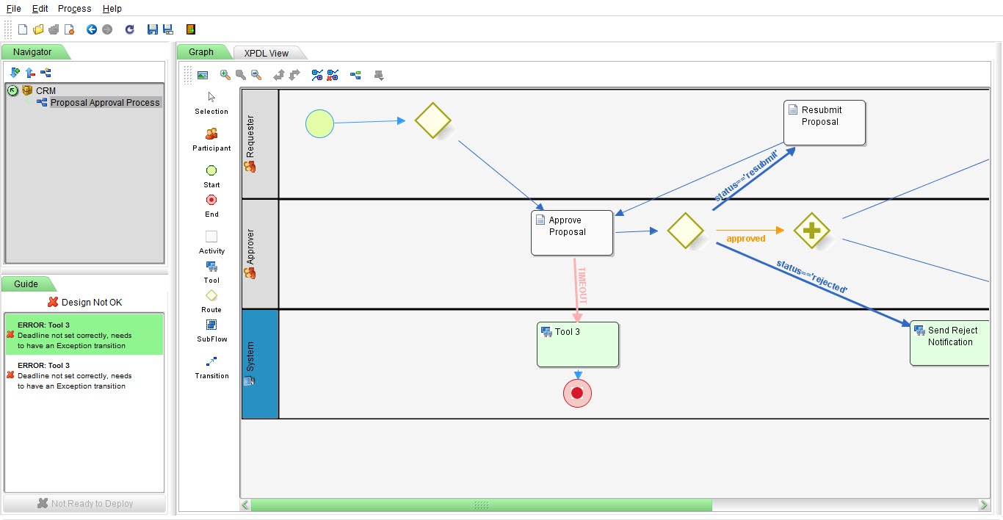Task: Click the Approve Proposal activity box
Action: pos(572,233)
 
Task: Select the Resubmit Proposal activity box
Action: pos(824,123)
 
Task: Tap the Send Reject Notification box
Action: pos(949,342)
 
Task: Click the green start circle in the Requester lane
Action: pos(319,123)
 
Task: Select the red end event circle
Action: pos(577,394)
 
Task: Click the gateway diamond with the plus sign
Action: pos(811,231)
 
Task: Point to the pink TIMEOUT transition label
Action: pos(583,286)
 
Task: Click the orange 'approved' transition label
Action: pos(745,239)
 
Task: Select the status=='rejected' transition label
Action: pos(812,277)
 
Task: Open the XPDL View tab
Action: pos(267,53)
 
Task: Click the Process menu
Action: pos(74,9)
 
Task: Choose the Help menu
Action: pos(112,9)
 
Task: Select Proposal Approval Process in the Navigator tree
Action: pos(104,103)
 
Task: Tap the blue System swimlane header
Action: pos(260,364)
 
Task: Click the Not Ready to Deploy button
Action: pos(85,504)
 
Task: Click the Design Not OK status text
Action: pos(92,302)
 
